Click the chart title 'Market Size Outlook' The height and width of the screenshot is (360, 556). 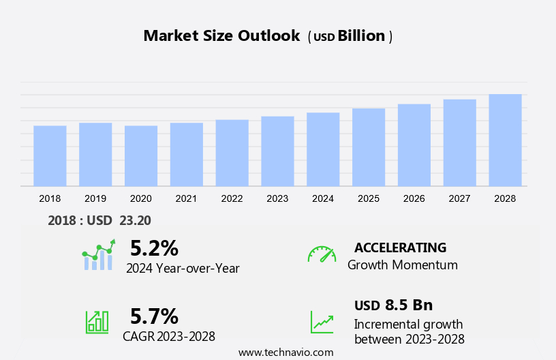pos(221,36)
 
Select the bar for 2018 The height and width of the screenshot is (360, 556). pos(50,155)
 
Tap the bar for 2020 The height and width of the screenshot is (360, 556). pos(141,155)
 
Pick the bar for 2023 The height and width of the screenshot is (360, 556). pos(277,151)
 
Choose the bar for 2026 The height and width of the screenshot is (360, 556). pos(414,145)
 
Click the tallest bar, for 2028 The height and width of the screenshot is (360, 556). pos(505,140)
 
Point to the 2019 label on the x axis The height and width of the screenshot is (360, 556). pos(95,198)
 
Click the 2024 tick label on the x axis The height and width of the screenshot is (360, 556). pos(323,198)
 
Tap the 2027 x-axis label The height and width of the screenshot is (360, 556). pos(460,198)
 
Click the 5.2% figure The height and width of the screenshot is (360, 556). pos(154,247)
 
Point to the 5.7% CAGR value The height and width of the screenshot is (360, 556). pos(154,316)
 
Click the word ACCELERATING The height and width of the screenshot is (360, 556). pos(400,247)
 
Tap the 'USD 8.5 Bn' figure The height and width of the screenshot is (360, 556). pos(393,305)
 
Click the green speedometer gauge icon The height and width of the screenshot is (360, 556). pos(322,254)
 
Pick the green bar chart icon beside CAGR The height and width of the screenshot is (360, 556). pos(97,321)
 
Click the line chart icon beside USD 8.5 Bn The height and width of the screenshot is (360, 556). pos(322,321)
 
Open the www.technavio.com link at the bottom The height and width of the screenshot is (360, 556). pos(285,352)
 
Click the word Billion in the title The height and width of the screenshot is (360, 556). pos(362,36)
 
